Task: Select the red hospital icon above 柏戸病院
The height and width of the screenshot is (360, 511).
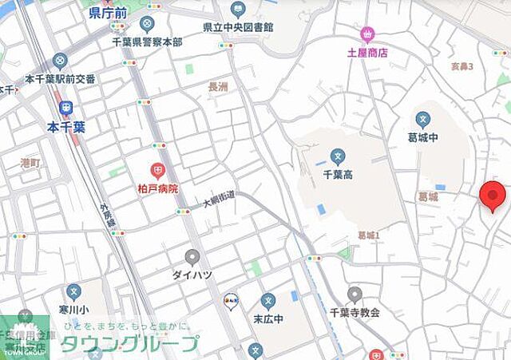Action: tap(158, 170)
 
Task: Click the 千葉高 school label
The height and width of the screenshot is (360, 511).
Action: tap(338, 173)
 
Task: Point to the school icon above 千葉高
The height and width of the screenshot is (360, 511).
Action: tap(338, 156)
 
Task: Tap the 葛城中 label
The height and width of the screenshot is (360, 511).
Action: tap(423, 137)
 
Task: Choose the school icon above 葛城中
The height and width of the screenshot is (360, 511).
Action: tap(423, 120)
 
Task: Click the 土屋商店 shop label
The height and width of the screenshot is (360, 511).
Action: tap(367, 53)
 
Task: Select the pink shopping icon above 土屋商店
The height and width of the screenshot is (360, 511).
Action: tap(367, 34)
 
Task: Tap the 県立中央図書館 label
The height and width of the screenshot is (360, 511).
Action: tap(238, 27)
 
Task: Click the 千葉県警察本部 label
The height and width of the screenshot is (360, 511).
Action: tap(145, 42)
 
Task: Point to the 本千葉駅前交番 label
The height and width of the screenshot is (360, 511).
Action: tap(60, 79)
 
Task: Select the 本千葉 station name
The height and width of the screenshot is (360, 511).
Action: tap(65, 126)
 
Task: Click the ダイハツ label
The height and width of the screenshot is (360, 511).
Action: tap(192, 275)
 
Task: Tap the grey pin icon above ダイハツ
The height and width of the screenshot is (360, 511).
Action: tap(192, 257)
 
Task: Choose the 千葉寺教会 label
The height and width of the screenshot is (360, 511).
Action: tap(355, 313)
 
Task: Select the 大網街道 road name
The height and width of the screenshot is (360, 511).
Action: tap(218, 199)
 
